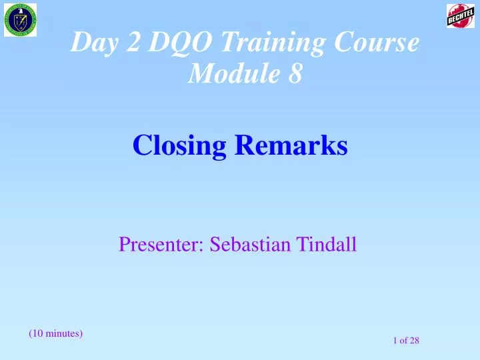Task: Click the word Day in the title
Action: tap(91, 43)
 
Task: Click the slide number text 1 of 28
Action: tap(405, 341)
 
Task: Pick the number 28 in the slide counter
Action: tap(413, 341)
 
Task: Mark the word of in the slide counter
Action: tap(403, 341)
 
